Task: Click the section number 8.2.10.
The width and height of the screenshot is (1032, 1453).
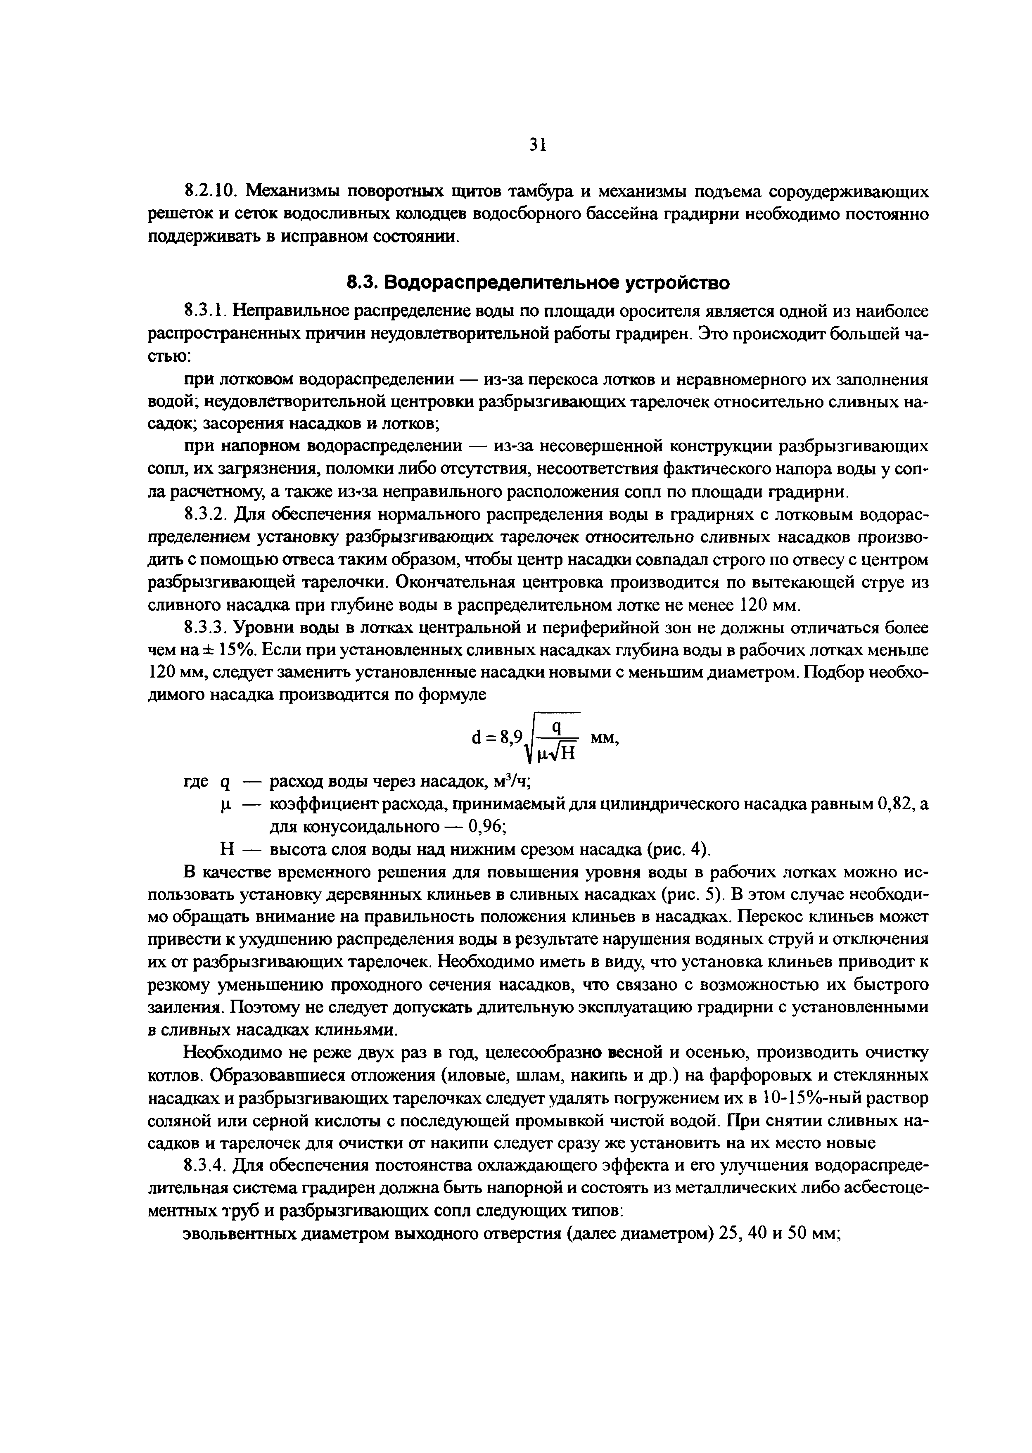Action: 209,191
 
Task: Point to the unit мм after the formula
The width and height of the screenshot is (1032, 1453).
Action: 604,737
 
